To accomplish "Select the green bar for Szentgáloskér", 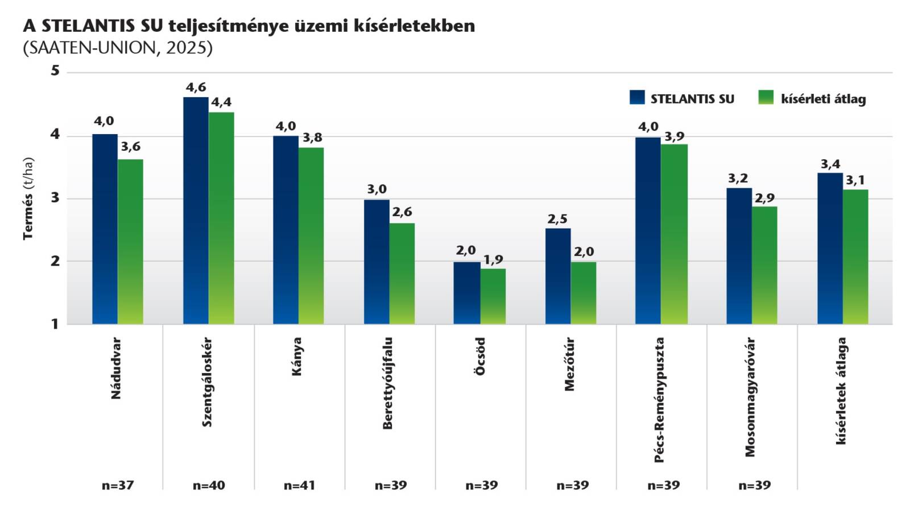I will (x=221, y=218).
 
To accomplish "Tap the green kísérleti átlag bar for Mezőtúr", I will (x=584, y=293).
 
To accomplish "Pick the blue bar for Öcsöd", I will (x=467, y=293).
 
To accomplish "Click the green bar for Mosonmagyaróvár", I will (x=764, y=265).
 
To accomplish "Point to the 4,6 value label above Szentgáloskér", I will (x=196, y=88).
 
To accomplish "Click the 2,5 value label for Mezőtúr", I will (x=557, y=219).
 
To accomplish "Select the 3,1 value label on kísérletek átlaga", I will (x=855, y=180).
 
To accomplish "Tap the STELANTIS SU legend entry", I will (x=682, y=98).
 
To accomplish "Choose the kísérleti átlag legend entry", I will (x=813, y=98).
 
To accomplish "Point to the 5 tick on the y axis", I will (x=55, y=71).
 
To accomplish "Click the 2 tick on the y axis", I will (x=55, y=261).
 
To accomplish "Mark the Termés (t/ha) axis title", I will (x=28, y=198).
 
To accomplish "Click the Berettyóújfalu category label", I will (x=387, y=383).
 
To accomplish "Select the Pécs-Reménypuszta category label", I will (x=659, y=400).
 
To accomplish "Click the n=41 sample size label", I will (x=299, y=485).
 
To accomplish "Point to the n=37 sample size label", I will (x=118, y=485).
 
